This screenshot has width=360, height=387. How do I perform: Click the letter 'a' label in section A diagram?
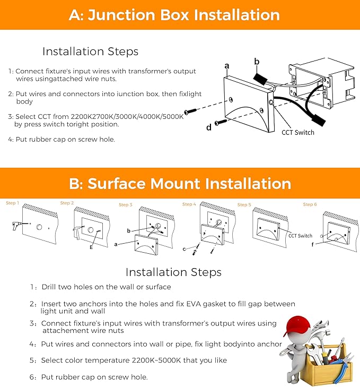coord(227,66)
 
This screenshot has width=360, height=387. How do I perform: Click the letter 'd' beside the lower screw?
coord(209,127)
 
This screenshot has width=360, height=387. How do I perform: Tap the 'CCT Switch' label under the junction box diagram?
coord(297,132)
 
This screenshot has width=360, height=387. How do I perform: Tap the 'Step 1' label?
coord(12,203)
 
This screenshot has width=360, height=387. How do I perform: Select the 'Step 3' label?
coord(126,205)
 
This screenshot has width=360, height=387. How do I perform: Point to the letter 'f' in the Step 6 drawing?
coord(312,245)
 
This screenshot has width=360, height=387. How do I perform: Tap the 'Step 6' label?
coord(310,204)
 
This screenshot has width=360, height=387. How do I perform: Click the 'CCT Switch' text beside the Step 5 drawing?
coord(300,236)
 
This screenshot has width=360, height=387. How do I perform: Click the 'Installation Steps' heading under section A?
coord(90,51)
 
